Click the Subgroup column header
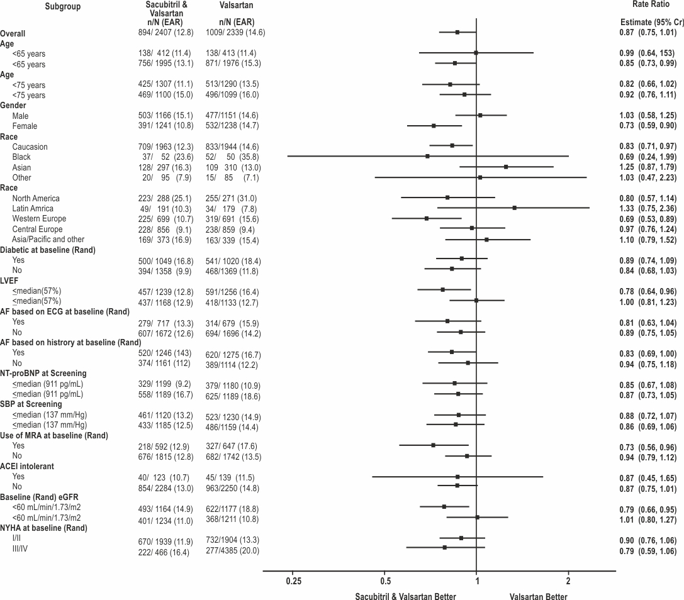63,6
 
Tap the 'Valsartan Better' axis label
538,596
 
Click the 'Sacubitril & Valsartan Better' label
405,596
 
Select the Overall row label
13,33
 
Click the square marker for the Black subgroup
427,156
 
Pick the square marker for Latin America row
514,208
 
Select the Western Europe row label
39,219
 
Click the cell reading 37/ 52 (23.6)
165,157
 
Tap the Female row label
25,126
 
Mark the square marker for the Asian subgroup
506,167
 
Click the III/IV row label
21,548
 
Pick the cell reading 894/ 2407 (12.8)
165,32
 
